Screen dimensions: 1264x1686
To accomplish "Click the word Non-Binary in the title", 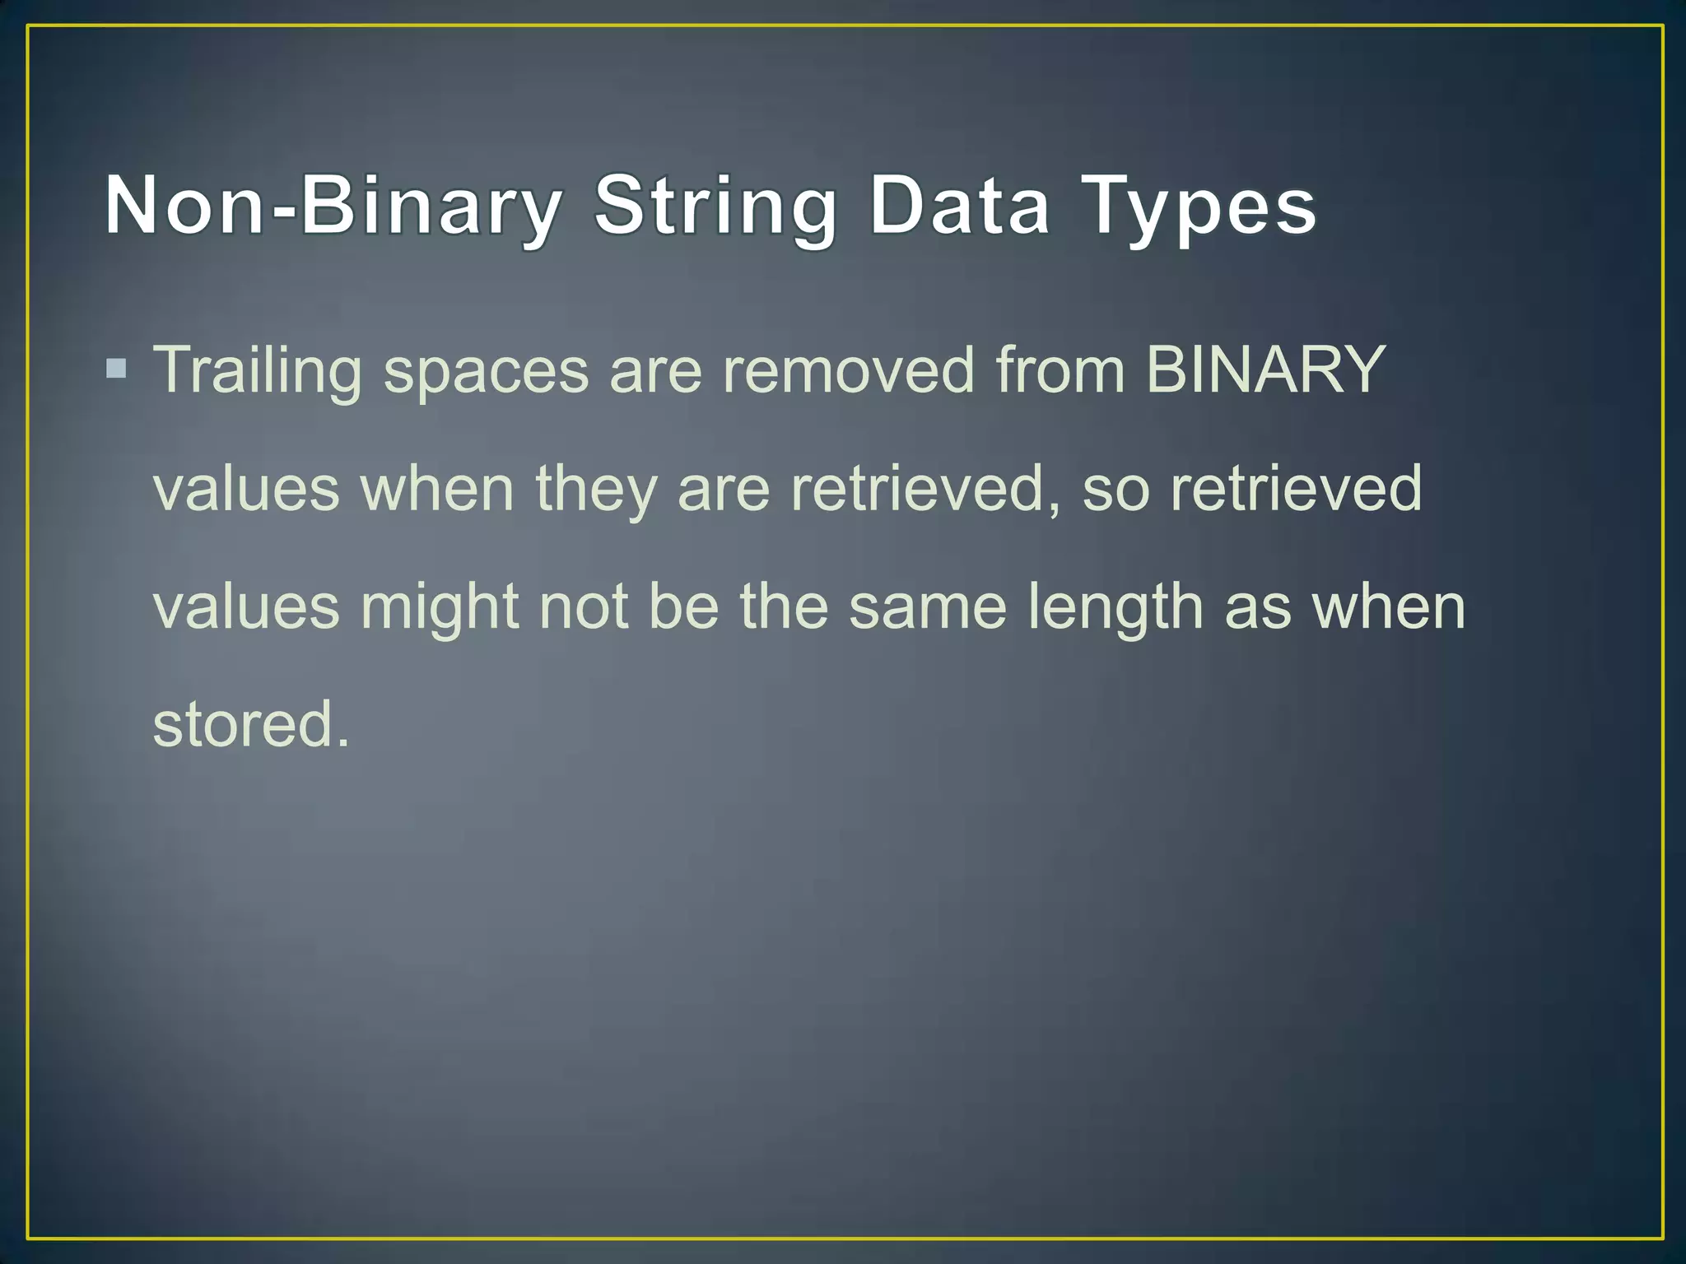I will pyautogui.click(x=333, y=206).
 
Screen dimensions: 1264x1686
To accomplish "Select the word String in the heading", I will pyautogui.click(x=715, y=206).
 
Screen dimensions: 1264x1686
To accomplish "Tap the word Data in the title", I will pyautogui.click(x=960, y=206).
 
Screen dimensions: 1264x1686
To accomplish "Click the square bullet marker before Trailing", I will pyautogui.click(x=116, y=368).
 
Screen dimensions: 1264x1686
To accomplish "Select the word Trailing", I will pyautogui.click(x=258, y=370).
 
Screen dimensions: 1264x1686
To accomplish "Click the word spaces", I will pyautogui.click(x=486, y=372).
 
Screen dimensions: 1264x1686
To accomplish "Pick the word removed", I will pyautogui.click(x=849, y=370).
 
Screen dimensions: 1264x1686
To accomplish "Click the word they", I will pyautogui.click(x=596, y=490).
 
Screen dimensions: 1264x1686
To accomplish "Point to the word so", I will pyautogui.click(x=1115, y=490).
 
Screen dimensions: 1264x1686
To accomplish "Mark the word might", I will pyautogui.click(x=440, y=607).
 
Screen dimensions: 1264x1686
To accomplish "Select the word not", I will pyautogui.click(x=584, y=607).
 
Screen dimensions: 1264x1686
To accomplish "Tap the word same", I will pyautogui.click(x=928, y=607).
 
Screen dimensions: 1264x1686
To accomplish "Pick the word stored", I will pyautogui.click(x=251, y=725).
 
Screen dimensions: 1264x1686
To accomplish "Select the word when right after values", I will pyautogui.click(x=438, y=490).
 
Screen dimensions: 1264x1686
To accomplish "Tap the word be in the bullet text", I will pyautogui.click(x=684, y=607).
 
